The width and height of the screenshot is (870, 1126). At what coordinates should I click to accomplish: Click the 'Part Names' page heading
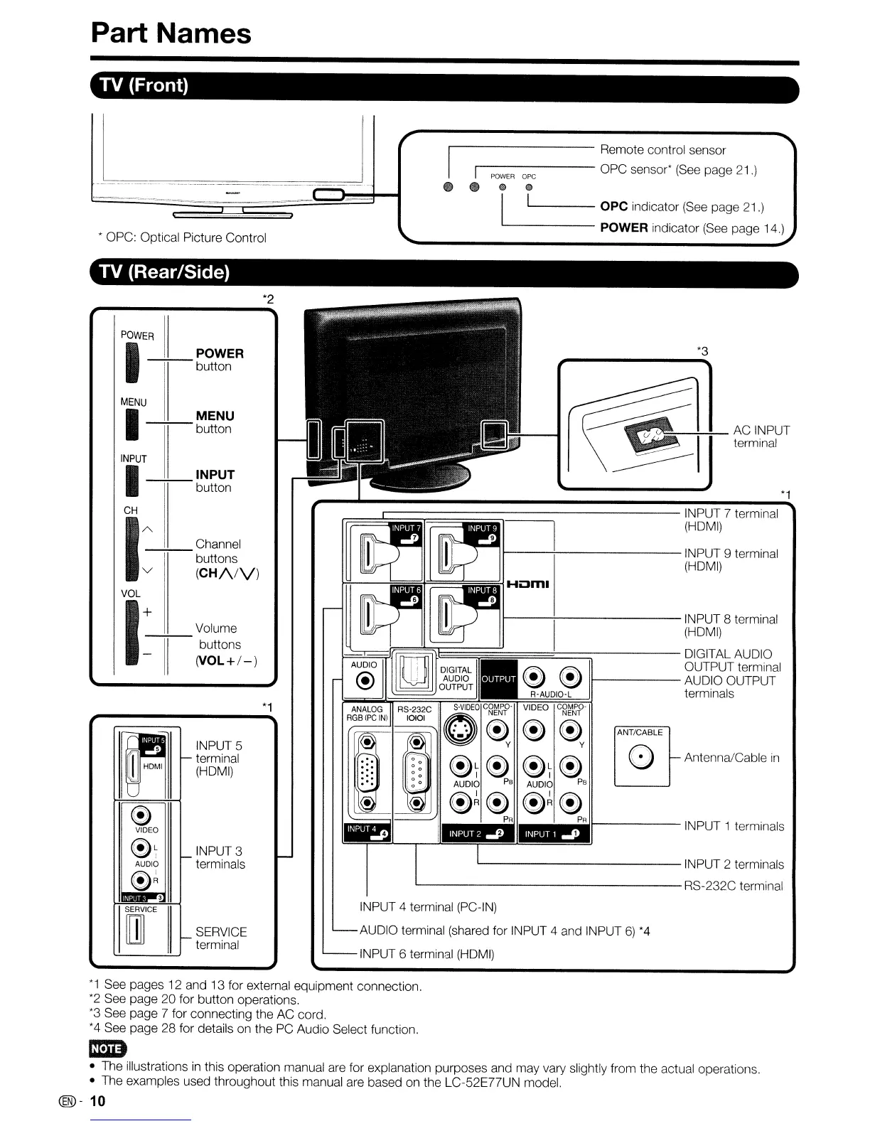171,33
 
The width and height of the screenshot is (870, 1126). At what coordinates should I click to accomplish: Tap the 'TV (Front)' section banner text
144,85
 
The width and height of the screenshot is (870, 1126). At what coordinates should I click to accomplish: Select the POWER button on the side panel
130,363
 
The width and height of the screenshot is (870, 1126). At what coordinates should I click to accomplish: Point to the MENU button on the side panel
130,424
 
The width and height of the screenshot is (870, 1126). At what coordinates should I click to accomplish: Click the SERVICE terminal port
134,931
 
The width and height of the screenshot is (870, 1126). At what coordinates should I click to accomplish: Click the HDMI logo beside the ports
528,585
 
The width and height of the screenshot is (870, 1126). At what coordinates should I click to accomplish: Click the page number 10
97,1101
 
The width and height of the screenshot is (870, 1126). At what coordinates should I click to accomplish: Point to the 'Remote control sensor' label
662,150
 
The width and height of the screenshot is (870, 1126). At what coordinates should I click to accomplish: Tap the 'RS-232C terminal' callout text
733,886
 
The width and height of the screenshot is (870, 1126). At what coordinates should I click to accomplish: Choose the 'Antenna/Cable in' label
731,758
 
